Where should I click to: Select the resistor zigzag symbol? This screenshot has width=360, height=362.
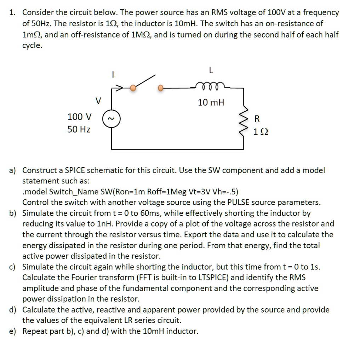coord(244,124)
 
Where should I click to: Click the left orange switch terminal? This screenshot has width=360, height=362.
coord(133,88)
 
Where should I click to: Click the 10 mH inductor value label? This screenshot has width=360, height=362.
coord(211,103)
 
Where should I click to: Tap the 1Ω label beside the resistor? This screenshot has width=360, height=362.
coord(261,132)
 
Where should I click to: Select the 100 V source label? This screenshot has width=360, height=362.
coord(79,117)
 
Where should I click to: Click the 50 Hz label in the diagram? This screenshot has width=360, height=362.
coord(79,129)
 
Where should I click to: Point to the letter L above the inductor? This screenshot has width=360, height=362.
coord(211,70)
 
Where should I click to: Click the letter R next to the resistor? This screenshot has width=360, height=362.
coord(257,118)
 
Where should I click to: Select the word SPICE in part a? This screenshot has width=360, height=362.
coord(75,170)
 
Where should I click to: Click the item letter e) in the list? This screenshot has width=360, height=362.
coord(13,331)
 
